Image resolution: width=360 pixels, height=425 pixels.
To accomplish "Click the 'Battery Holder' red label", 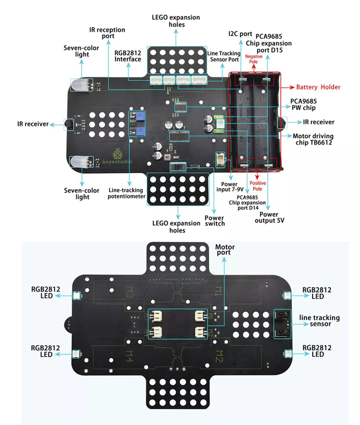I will pyautogui.click(x=318, y=87).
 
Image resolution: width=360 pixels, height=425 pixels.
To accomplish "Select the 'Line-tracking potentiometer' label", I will pyautogui.click(x=126, y=193).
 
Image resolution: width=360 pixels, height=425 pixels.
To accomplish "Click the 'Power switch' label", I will pyautogui.click(x=215, y=220).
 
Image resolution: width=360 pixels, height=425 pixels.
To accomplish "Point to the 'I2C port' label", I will pyautogui.click(x=240, y=33).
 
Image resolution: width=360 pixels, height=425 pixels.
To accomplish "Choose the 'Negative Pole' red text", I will pyautogui.click(x=254, y=58).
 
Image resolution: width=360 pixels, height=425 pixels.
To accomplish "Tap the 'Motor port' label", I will pyautogui.click(x=225, y=250).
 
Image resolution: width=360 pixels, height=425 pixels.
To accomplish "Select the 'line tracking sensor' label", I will pyautogui.click(x=319, y=321).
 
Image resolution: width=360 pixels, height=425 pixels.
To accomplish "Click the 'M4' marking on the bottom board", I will pyautogui.click(x=129, y=353).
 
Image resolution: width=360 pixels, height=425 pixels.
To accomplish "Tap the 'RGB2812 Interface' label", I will pyautogui.click(x=127, y=55).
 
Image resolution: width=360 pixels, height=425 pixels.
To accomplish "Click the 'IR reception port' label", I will pyautogui.click(x=108, y=32).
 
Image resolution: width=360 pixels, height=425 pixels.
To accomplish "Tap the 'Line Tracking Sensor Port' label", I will pyautogui.click(x=224, y=57).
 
